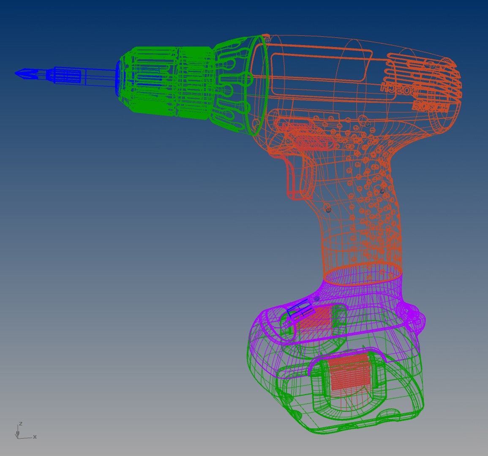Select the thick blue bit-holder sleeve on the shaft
65,76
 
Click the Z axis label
20,423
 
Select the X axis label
35,437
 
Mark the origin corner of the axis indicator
18,437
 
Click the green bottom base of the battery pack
359,422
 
